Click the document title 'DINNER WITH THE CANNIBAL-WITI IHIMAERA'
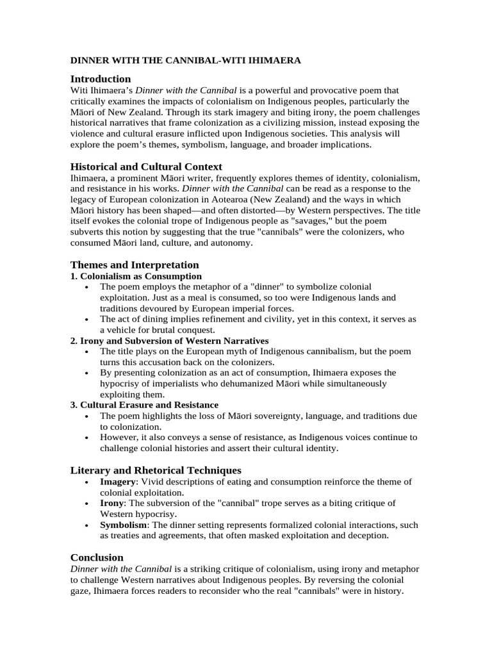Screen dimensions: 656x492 coord(185,60)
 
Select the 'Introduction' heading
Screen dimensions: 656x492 coord(100,79)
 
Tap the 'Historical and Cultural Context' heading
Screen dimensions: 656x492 coord(146,167)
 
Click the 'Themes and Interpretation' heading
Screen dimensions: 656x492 coord(135,265)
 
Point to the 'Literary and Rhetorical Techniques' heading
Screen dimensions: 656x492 coord(156,470)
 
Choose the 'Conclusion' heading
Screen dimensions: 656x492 coord(97,557)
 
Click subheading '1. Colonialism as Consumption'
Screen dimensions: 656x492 coord(136,276)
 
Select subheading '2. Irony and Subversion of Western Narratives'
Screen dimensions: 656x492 coord(169,341)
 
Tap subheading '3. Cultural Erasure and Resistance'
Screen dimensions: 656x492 coord(144,405)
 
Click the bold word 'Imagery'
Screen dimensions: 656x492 coord(118,482)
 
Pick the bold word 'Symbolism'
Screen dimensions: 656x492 coord(123,525)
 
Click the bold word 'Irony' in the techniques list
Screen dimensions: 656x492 coord(111,503)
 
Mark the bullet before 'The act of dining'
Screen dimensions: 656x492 coord(86,319)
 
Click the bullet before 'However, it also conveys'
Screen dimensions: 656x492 coord(86,438)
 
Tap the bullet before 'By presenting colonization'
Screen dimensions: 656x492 coord(86,373)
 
